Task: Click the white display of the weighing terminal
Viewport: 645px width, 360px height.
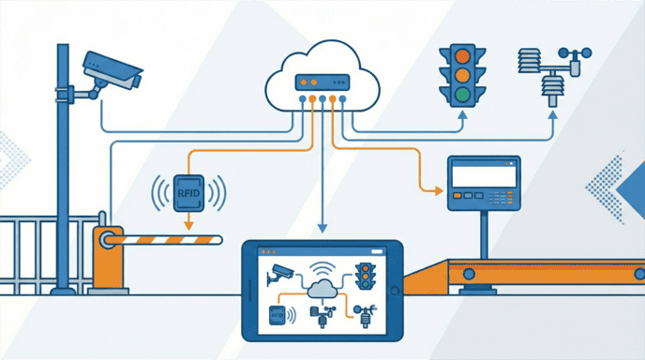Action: [484, 174]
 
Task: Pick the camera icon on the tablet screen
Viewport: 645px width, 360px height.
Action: [280, 273]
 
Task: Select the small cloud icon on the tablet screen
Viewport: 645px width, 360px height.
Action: [321, 288]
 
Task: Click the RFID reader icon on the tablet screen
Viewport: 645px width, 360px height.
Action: [277, 314]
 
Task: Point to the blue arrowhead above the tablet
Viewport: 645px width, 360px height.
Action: [322, 228]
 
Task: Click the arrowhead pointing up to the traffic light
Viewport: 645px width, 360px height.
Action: [461, 116]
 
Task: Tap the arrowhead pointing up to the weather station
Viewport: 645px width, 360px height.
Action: [552, 116]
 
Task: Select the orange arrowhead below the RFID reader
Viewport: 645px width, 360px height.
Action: [188, 226]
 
